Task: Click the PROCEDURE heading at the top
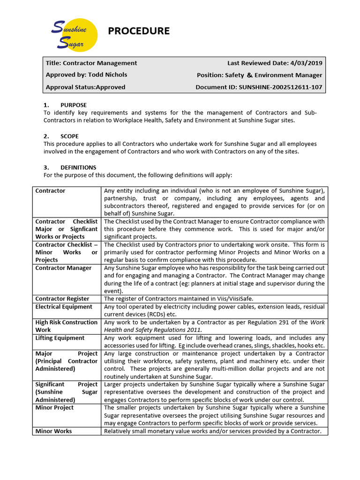tap(139, 31)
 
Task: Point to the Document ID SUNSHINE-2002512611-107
tap(280, 87)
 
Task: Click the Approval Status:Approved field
tap(85, 87)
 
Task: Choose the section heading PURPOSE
tap(73, 105)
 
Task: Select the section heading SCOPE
tap(69, 136)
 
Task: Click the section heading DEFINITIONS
tap(78, 167)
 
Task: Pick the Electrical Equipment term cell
tap(64, 307)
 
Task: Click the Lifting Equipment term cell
tap(60, 338)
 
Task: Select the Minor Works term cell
tap(53, 431)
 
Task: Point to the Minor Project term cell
tap(54, 407)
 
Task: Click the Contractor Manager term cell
tap(63, 268)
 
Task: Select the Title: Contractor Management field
tap(91, 63)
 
